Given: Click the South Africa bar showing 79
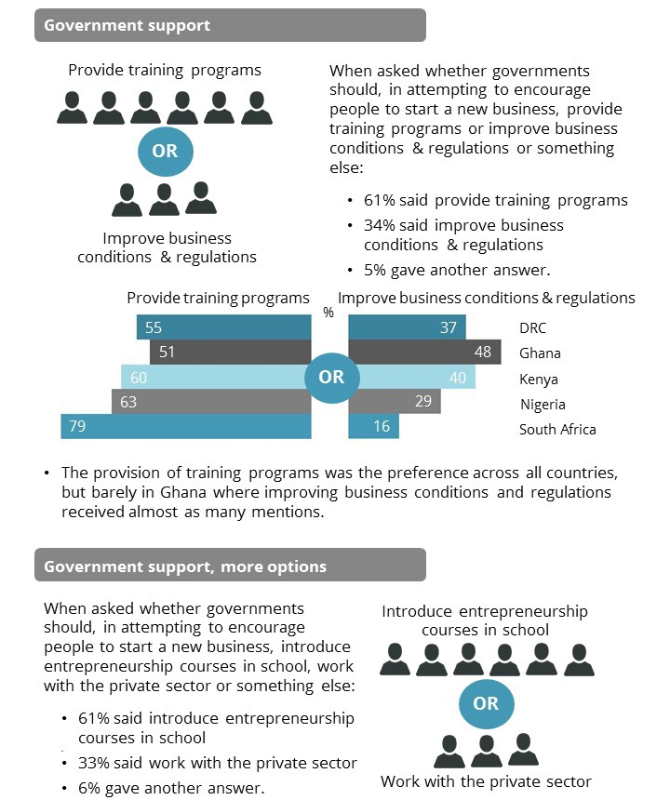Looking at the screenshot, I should point(185,427).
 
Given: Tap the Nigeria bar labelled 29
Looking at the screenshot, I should point(395,402).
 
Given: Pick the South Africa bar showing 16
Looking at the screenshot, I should point(373,427).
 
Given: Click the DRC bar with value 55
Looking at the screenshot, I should point(223,327).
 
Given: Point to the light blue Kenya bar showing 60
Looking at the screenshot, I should point(214,377).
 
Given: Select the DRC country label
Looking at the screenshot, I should point(533,328).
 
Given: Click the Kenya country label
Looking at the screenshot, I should point(539,379).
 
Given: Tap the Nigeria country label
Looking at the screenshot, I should point(543,404).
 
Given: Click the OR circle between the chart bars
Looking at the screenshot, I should point(331,377).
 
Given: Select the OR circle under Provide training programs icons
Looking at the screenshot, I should point(165,150).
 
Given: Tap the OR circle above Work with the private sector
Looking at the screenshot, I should point(486,703).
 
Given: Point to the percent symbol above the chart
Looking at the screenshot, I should point(328,313).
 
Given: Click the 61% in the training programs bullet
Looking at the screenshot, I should point(379,200).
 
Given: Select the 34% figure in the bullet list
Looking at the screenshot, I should point(379,225).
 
